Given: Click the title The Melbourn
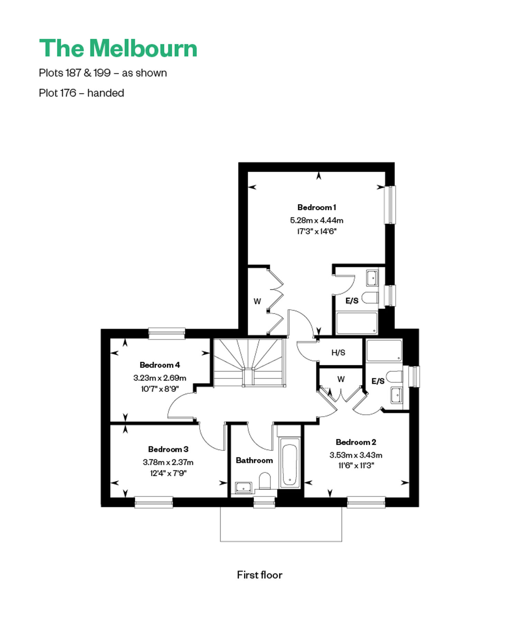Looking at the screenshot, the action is pos(118,48).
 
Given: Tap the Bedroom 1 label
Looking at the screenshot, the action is pos(317,208).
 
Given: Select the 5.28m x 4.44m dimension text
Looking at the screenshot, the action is pos(317,220).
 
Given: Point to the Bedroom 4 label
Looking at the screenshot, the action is pos(160,365).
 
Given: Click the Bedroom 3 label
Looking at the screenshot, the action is pos(168,449).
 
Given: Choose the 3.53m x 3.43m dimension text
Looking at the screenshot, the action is pos(356,455).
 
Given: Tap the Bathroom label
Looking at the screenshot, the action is pos(254,460).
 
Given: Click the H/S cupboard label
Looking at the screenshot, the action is pos(338,352).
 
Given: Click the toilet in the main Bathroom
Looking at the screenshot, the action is pos(265,481).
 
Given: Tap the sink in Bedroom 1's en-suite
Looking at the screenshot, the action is pos(372,278).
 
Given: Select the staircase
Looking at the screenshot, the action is pos(250,362).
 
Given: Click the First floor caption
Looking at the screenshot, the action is pos(259,575).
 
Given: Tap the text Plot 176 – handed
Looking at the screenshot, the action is pos(82,93).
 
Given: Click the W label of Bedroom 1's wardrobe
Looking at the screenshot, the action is pos(257,301).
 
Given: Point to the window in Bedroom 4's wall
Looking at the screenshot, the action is pos(167,333).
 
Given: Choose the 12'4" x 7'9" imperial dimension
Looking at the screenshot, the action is pos(168,473).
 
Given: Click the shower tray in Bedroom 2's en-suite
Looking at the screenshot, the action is pos(384,350).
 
